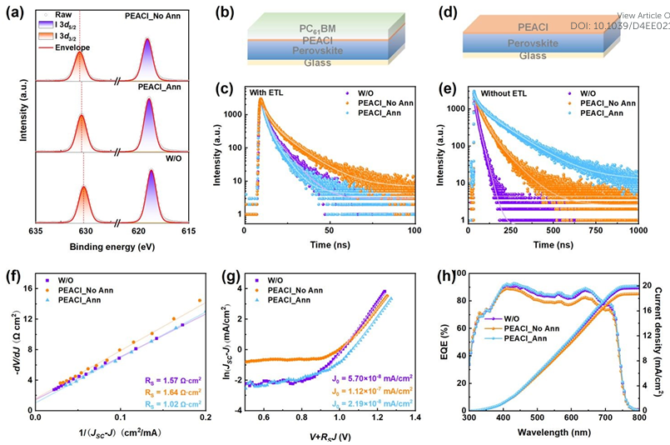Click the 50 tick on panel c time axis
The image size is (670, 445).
[330, 229]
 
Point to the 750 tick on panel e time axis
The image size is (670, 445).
[595, 229]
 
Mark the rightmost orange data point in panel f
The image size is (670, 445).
[199, 301]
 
